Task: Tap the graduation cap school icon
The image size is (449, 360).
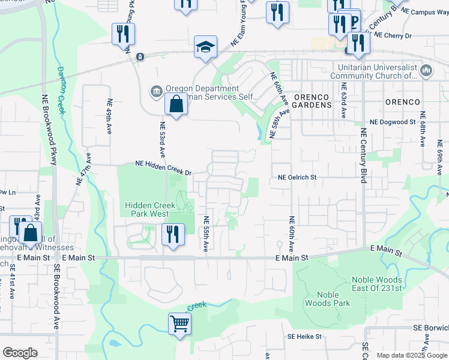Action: pos(205,47)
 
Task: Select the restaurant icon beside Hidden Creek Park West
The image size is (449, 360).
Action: pos(173,233)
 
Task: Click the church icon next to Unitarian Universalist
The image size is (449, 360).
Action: pos(427,71)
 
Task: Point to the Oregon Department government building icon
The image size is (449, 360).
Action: pos(157,91)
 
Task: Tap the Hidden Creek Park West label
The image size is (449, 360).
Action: pos(150,209)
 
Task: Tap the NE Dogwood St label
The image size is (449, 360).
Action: pos(393,122)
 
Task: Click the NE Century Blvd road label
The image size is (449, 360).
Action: pos(363,155)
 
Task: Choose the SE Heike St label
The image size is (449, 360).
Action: pos(304,337)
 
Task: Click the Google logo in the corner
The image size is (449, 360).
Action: pos(20,353)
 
